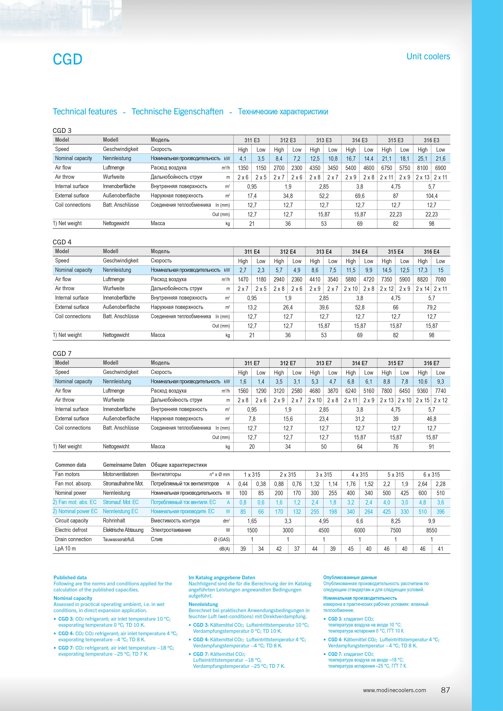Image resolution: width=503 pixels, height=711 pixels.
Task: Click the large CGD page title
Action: (68, 59)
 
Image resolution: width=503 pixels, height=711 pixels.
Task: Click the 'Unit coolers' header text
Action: (428, 56)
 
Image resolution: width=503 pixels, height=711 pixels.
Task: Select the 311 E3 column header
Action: (252, 140)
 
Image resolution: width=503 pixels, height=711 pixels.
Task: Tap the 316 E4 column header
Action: (431, 252)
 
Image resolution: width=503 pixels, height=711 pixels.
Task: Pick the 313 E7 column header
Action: (324, 363)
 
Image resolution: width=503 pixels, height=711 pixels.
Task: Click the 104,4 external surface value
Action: (431, 196)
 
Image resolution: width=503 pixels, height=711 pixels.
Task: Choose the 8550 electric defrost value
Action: (431, 530)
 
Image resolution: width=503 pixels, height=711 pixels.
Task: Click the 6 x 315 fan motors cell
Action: (431, 475)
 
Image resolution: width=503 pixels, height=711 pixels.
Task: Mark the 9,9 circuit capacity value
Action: (431, 521)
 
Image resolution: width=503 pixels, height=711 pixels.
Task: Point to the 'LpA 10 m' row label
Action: (65, 549)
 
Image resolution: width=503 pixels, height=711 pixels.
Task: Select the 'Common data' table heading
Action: (71, 465)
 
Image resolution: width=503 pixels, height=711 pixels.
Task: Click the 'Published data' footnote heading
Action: (70, 577)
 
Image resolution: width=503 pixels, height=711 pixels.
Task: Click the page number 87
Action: (445, 690)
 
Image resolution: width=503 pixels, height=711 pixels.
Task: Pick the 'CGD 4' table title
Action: (62, 242)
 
